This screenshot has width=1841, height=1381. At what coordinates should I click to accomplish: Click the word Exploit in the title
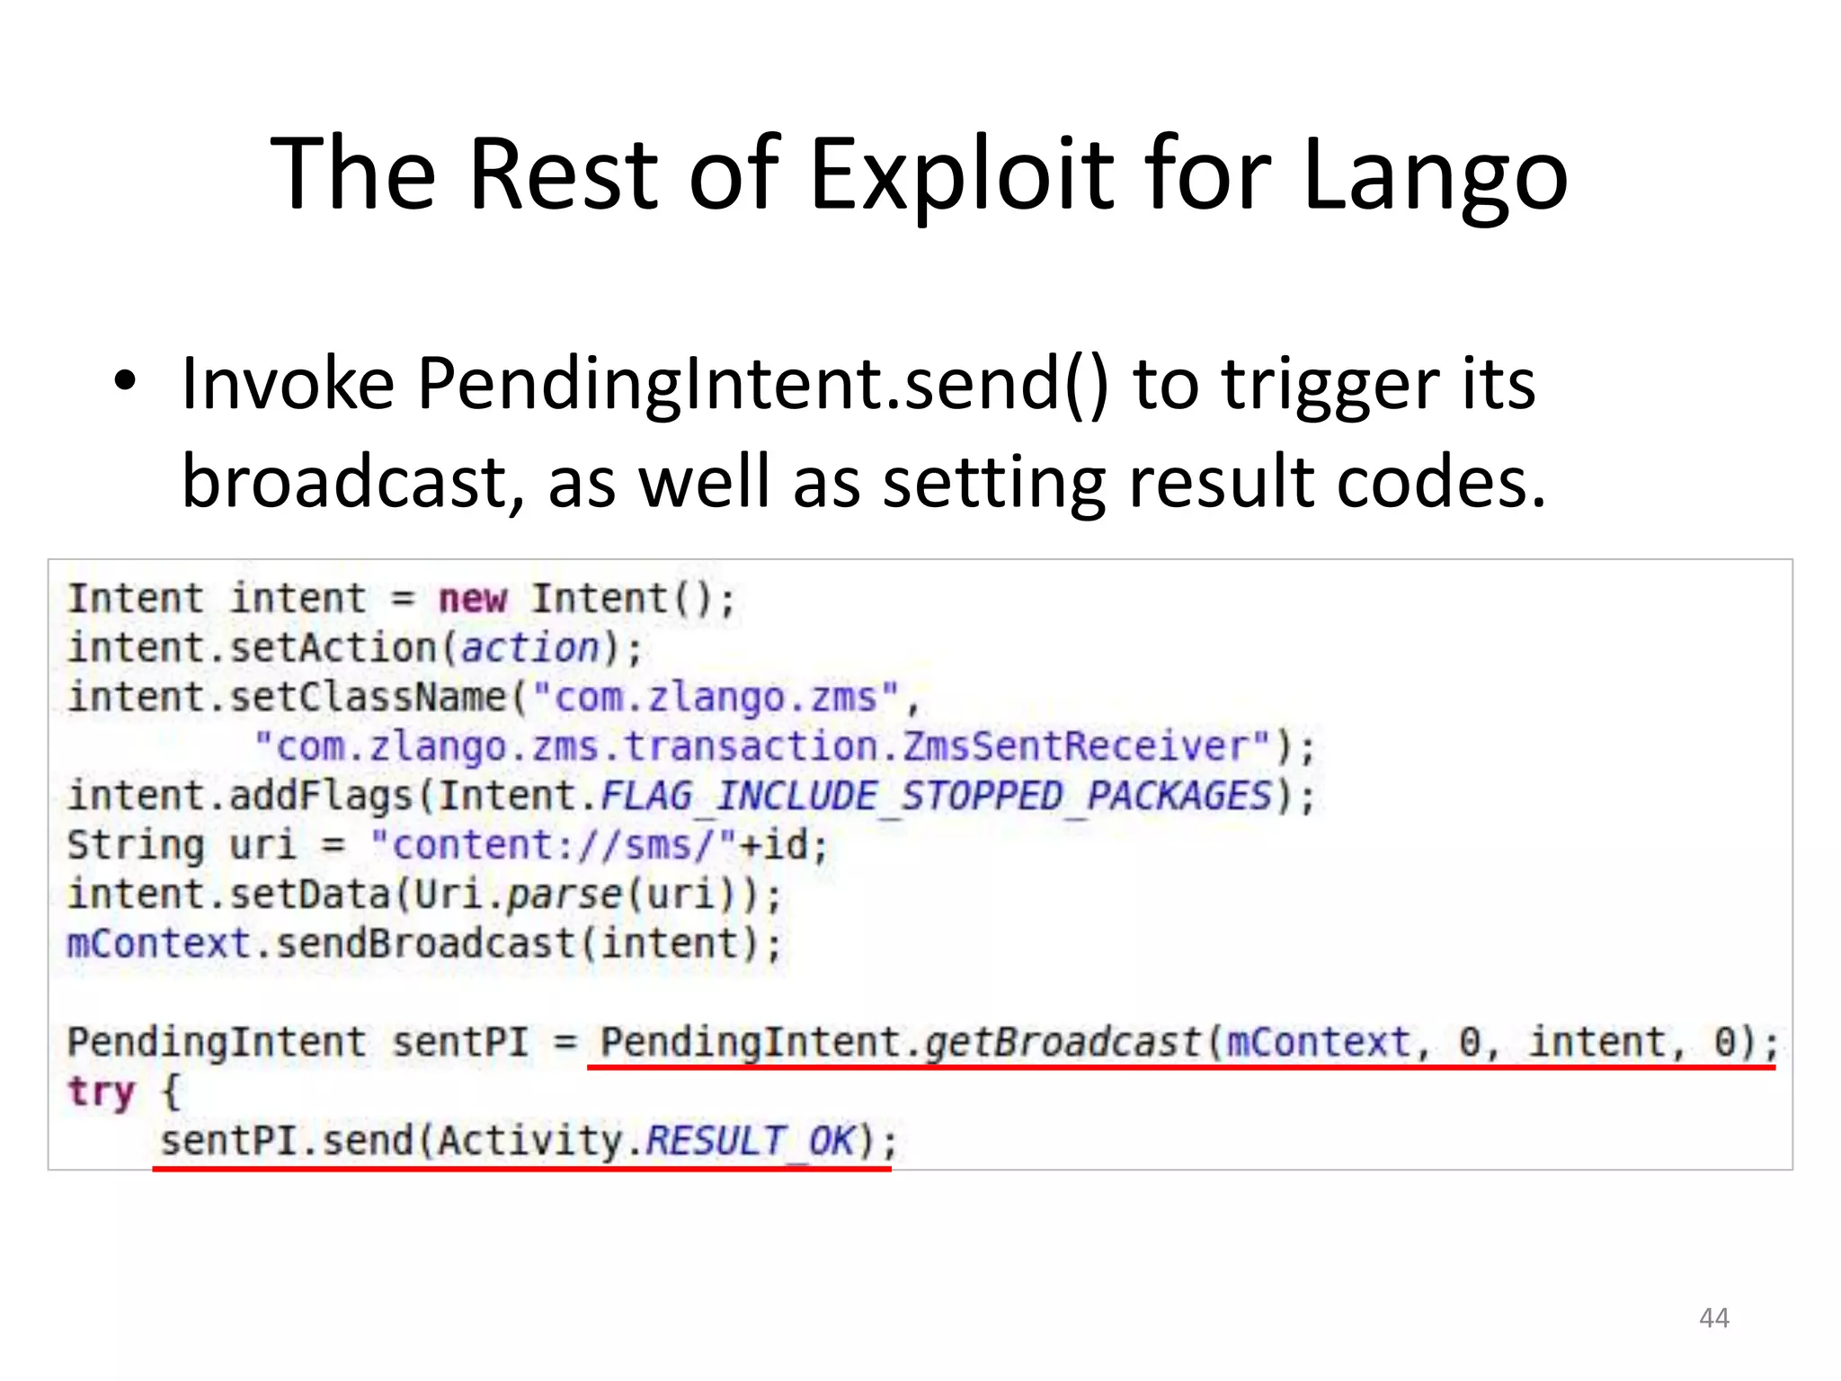pos(962,174)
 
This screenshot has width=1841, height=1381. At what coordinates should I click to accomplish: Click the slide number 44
pos(1713,1318)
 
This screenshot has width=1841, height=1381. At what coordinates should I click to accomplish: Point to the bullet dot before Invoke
pos(125,381)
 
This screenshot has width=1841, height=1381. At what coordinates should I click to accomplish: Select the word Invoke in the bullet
pos(288,384)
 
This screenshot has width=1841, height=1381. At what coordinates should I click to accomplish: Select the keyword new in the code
pos(472,599)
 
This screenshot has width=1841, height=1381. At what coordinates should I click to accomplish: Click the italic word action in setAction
pos(529,648)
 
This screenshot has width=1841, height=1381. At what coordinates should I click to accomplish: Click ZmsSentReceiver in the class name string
pos(1075,746)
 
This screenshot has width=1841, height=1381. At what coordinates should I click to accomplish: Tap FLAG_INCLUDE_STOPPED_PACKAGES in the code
pos(936,796)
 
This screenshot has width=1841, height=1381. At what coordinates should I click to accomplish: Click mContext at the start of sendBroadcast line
pos(158,944)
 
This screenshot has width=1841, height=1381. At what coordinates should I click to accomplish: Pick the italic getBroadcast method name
pos(1063,1042)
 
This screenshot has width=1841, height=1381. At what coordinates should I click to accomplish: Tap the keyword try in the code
pos(101,1091)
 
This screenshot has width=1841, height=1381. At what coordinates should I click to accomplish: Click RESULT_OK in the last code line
pos(750,1141)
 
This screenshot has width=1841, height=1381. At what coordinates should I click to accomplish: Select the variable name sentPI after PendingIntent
pos(459,1042)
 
